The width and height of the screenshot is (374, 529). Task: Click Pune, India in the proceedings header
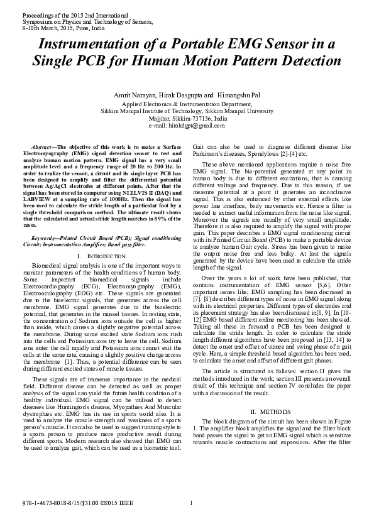pyautogui.click(x=87, y=27)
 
